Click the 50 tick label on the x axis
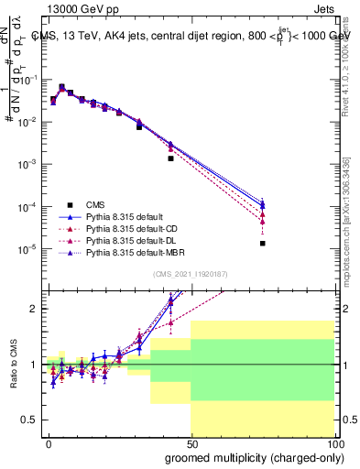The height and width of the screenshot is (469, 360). (x=191, y=442)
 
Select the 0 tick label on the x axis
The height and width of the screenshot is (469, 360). (x=48, y=442)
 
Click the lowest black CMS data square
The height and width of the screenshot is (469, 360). (x=262, y=243)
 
